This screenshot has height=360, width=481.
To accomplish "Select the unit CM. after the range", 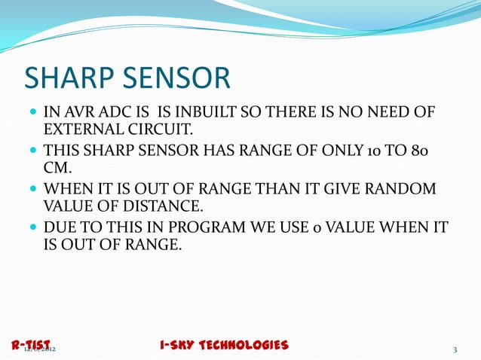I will click(x=58, y=167).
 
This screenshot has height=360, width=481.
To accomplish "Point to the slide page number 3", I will click(x=455, y=349).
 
